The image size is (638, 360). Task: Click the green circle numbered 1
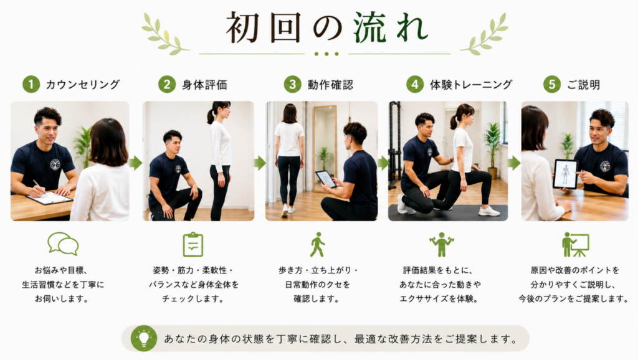[31, 84]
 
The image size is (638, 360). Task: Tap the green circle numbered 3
[293, 84]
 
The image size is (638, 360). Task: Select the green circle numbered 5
[552, 84]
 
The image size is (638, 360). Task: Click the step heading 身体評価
[204, 85]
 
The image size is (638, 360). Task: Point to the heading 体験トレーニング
[471, 85]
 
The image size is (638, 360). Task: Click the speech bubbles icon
[63, 244]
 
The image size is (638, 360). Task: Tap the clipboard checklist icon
[193, 245]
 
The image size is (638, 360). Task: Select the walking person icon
[317, 245]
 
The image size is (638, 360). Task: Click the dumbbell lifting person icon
[442, 245]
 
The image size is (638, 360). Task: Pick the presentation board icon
[575, 245]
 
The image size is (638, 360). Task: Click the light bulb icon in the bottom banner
[144, 338]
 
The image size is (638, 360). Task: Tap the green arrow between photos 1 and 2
[136, 163]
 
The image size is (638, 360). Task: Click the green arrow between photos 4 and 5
[514, 163]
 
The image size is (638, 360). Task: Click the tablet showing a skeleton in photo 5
[566, 174]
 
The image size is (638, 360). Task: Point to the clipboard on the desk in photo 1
[50, 198]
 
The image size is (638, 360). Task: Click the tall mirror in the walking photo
[325, 148]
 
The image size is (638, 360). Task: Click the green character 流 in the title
[369, 27]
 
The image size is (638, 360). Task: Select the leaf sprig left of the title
[164, 34]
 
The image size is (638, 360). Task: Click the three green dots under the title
[326, 54]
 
